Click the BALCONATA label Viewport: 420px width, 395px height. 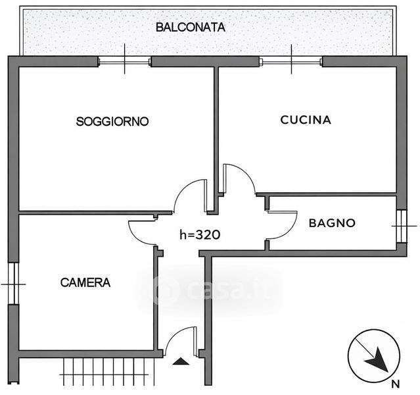click(191, 28)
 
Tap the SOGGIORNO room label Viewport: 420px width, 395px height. click(112, 122)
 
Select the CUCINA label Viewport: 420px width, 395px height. click(306, 120)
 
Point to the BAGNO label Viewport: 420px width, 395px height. click(332, 223)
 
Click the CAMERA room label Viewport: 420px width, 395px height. click(85, 282)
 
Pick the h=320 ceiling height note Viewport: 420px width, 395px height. click(200, 235)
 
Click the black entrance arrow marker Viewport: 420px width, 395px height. click(181, 361)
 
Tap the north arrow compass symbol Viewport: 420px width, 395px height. click(374, 355)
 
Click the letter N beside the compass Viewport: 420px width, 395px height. click(396, 384)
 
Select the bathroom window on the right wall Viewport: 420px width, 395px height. click(402, 226)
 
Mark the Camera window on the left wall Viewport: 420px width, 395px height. click(13, 284)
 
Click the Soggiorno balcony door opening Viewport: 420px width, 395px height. click(124, 62)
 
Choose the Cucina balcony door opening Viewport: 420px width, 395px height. click(291, 62)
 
